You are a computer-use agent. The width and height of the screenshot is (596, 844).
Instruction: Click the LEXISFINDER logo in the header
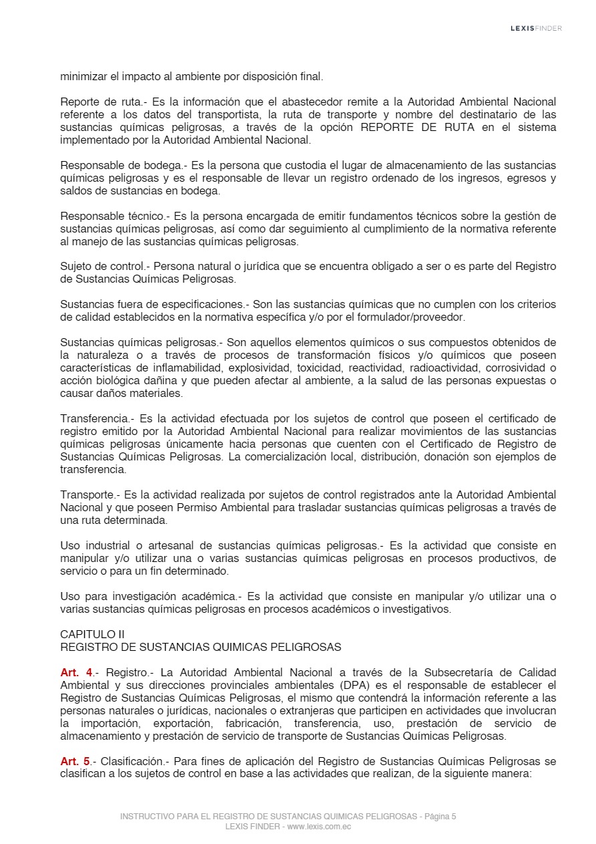(x=536, y=28)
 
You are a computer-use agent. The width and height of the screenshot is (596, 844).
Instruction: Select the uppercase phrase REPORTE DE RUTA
(x=418, y=128)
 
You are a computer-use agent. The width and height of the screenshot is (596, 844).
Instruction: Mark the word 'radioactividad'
(x=446, y=368)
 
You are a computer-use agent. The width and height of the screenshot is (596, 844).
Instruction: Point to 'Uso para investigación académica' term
(x=150, y=596)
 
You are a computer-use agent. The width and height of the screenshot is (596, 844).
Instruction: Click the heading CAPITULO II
(x=92, y=634)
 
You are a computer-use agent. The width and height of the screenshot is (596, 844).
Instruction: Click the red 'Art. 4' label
(x=76, y=672)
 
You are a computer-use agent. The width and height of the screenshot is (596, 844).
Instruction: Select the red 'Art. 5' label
(x=76, y=761)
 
